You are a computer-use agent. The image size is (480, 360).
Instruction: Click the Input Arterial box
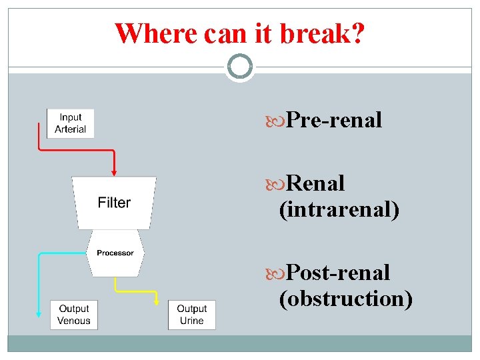pyautogui.click(x=70, y=123)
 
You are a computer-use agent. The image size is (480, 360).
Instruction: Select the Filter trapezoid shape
pyautogui.click(x=114, y=203)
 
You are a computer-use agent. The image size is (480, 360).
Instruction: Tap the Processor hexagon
pyautogui.click(x=115, y=253)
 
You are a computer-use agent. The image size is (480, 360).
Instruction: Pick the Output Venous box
pyautogui.click(x=73, y=315)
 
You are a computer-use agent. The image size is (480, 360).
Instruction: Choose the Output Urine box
pyautogui.click(x=191, y=315)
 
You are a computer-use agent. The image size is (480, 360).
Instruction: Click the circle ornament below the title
pyautogui.click(x=239, y=67)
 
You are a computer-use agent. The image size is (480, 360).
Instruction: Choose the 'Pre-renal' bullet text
pyautogui.click(x=333, y=120)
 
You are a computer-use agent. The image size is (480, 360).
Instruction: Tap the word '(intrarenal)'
pyautogui.click(x=339, y=210)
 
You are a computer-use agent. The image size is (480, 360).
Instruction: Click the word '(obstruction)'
pyautogui.click(x=346, y=299)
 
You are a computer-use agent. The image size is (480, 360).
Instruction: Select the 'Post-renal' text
pyautogui.click(x=338, y=273)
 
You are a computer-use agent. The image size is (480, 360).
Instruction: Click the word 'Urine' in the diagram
pyautogui.click(x=191, y=321)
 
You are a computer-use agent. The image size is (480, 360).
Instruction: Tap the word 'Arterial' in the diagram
pyautogui.click(x=70, y=129)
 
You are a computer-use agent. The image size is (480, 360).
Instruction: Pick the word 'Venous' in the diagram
pyautogui.click(x=73, y=321)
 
